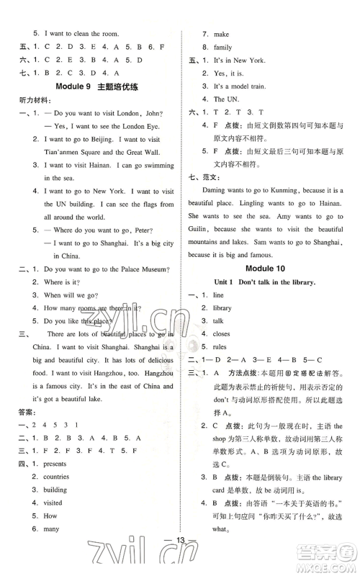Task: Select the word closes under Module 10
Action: pyautogui.click(x=222, y=333)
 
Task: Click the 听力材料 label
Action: pyautogui.click(x=27, y=100)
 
